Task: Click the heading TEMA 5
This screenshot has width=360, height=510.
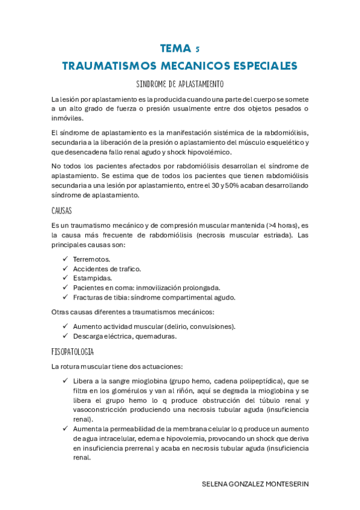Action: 179,48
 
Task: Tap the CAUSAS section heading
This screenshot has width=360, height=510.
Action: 61,211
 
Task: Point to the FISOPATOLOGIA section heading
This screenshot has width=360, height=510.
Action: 73,351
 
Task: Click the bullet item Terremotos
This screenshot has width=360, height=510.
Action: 91,259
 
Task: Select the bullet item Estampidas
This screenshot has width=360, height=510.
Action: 93,278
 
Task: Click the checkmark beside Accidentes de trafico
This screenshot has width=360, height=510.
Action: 65,268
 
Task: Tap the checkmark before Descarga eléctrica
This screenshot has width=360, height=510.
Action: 65,336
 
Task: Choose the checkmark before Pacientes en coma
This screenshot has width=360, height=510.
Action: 65,287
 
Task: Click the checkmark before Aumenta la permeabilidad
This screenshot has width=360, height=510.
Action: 65,429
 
